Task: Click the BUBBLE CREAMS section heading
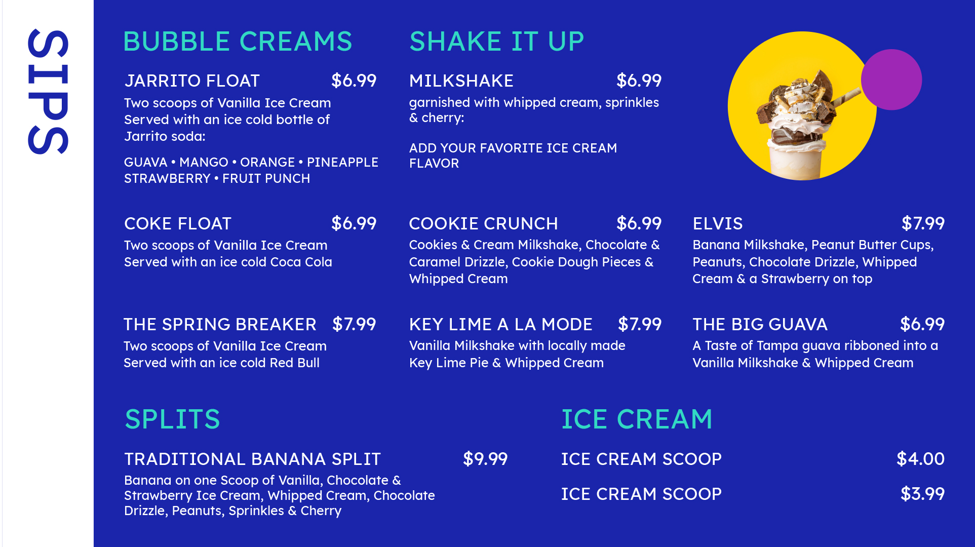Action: click(238, 42)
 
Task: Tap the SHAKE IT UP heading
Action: click(496, 42)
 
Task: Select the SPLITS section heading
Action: click(172, 419)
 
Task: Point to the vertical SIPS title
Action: click(48, 92)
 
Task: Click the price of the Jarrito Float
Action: click(354, 81)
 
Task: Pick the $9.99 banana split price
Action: click(485, 459)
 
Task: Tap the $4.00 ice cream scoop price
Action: click(920, 459)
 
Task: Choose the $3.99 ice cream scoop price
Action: click(922, 494)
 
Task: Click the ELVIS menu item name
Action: click(718, 223)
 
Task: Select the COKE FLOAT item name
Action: click(178, 223)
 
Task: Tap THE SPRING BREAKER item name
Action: click(220, 324)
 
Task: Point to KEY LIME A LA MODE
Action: click(501, 324)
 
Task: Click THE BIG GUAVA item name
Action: click(760, 324)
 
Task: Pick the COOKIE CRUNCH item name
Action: click(484, 223)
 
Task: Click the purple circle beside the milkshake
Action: click(891, 80)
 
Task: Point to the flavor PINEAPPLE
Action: click(342, 162)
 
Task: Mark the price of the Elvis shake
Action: click(923, 223)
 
